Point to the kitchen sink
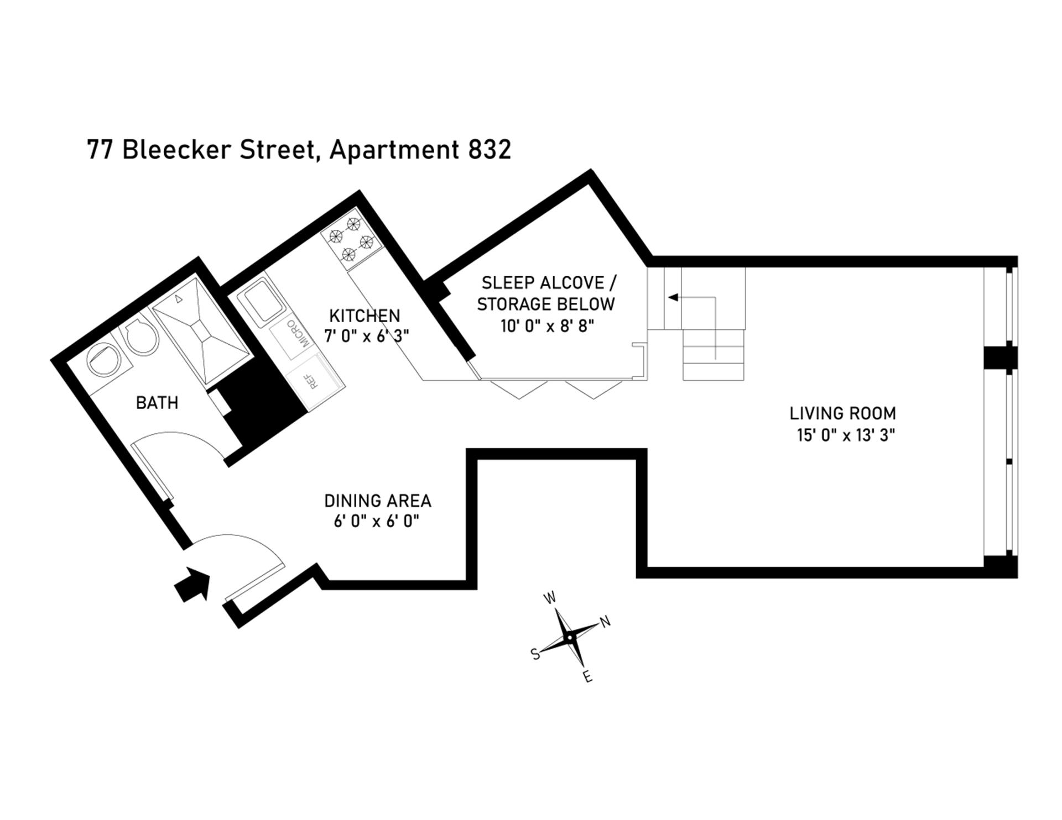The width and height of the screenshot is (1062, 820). pyautogui.click(x=261, y=302)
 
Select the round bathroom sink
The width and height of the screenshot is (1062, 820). pyautogui.click(x=105, y=360)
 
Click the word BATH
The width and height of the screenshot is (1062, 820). pyautogui.click(x=157, y=403)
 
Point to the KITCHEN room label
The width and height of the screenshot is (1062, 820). pyautogui.click(x=365, y=316)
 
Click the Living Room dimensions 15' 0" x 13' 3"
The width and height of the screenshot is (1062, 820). pyautogui.click(x=846, y=435)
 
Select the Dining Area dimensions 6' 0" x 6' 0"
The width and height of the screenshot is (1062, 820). pyautogui.click(x=377, y=521)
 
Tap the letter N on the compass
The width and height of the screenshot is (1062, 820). pyautogui.click(x=606, y=622)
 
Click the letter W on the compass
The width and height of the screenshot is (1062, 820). pyautogui.click(x=550, y=598)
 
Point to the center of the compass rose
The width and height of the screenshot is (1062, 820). pyautogui.click(x=569, y=638)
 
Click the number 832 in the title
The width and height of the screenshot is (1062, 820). pyautogui.click(x=490, y=150)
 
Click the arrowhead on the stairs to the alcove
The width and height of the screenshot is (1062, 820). pyautogui.click(x=673, y=297)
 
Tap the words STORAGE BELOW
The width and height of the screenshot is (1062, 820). pyautogui.click(x=546, y=304)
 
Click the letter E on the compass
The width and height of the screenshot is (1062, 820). pyautogui.click(x=588, y=677)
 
